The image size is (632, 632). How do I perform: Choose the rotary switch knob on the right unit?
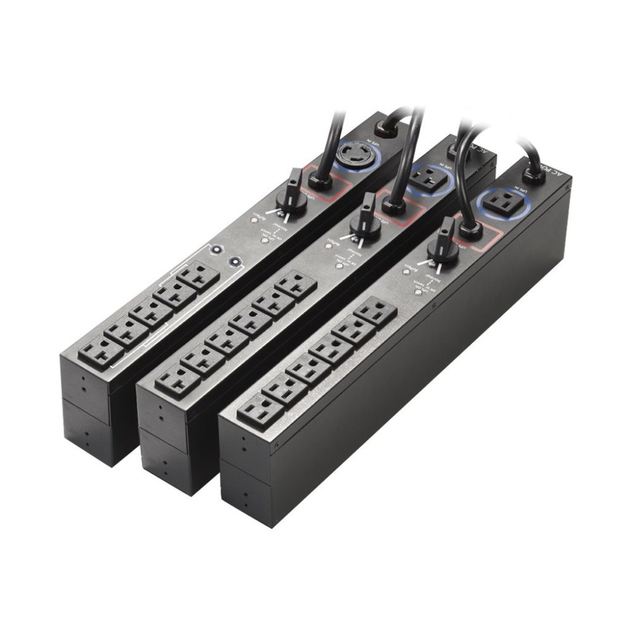[x=444, y=243]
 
